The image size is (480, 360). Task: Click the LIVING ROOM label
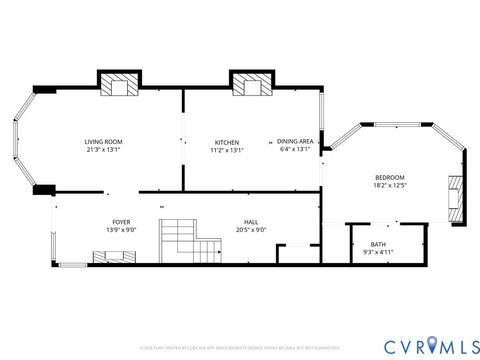pyautogui.click(x=103, y=142)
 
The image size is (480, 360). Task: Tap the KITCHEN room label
pyautogui.click(x=227, y=142)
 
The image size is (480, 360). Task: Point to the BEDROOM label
pyautogui.click(x=389, y=177)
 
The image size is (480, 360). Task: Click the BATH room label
pyautogui.click(x=378, y=244)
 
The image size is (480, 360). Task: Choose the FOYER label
pyautogui.click(x=121, y=222)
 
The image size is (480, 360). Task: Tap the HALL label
pyautogui.click(x=252, y=222)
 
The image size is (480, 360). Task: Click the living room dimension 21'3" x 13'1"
pyautogui.click(x=103, y=151)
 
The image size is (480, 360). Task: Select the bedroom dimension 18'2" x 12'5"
pyautogui.click(x=389, y=186)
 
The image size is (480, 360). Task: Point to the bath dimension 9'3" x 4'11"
pyautogui.click(x=378, y=253)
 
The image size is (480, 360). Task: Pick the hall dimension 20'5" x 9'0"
pyautogui.click(x=252, y=231)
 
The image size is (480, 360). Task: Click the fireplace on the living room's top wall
pyautogui.click(x=120, y=86)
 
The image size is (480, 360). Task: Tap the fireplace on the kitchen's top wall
pyautogui.click(x=251, y=86)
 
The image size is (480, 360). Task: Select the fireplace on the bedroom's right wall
pyautogui.click(x=457, y=197)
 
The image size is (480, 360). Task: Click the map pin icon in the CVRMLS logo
pyautogui.click(x=432, y=345)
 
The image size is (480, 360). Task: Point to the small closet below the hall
pyautogui.click(x=293, y=254)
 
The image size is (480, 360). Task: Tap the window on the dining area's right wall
pyautogui.click(x=321, y=121)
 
